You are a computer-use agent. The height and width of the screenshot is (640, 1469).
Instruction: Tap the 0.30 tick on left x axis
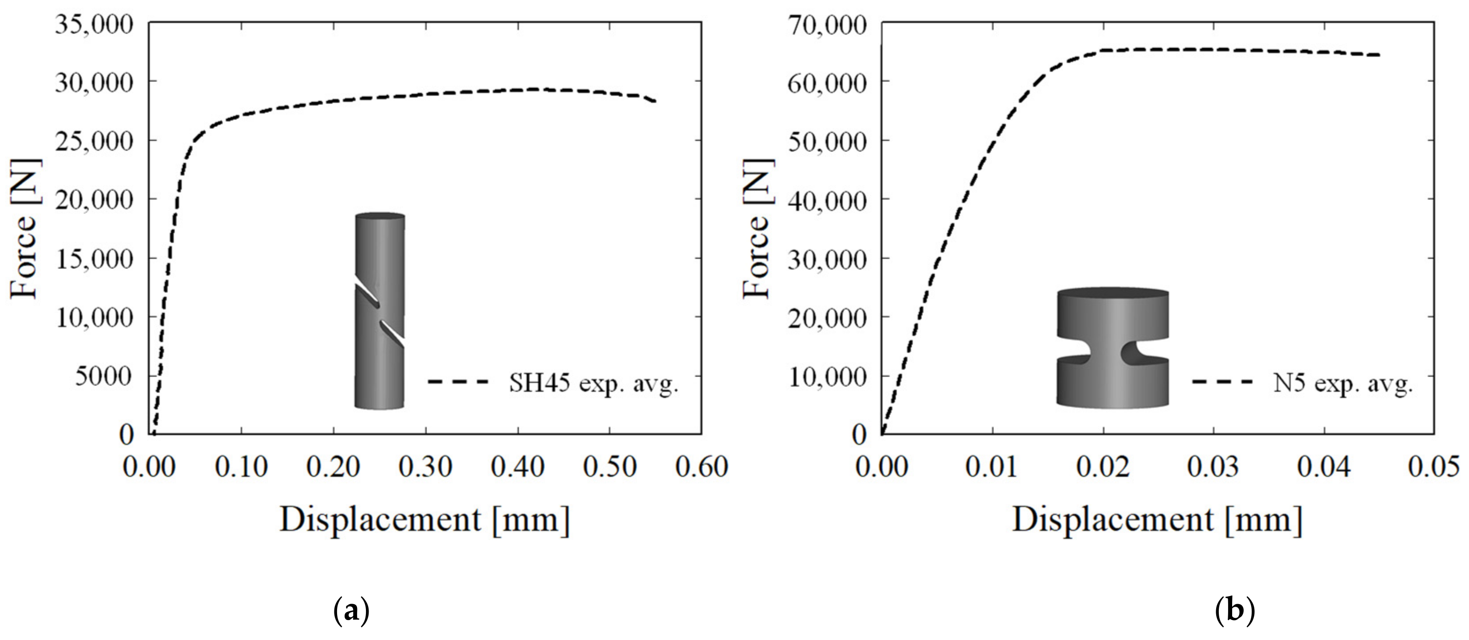(425, 467)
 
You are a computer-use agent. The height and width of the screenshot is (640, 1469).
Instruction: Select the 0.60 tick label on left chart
(701, 467)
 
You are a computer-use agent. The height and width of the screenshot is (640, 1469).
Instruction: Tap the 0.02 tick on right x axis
(1103, 467)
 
